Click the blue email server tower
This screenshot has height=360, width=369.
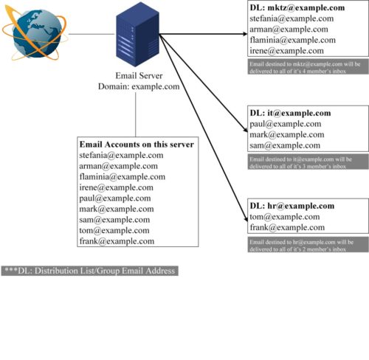137,37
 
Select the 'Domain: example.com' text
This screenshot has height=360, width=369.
139,86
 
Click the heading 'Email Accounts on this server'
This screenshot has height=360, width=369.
137,145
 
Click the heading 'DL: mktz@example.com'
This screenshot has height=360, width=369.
297,8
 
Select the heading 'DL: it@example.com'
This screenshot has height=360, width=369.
291,113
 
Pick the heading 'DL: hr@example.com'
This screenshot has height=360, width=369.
292,206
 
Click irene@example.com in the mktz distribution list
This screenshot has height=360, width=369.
286,51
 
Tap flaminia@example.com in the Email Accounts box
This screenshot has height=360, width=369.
121,177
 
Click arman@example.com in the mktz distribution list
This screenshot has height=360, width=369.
287,30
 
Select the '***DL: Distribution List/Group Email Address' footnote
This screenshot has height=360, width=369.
89,271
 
